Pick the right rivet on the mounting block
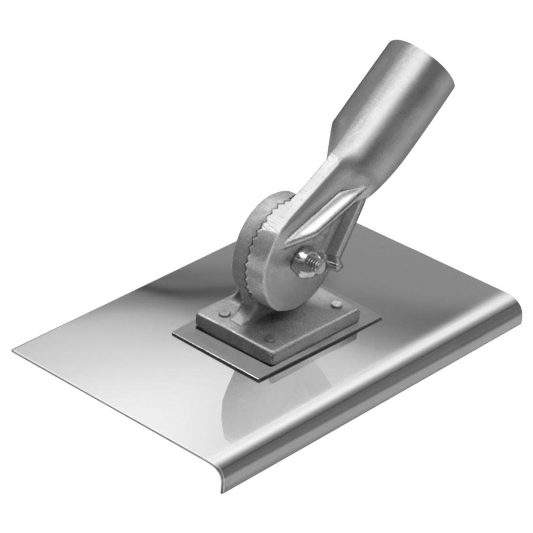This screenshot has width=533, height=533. (x=336, y=304)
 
